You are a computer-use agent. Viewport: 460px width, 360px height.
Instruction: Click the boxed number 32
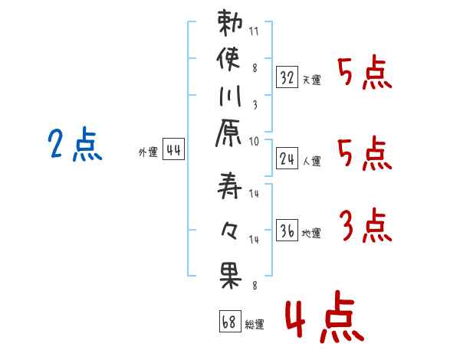(x=287, y=77)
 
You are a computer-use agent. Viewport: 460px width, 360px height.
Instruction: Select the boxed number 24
(x=287, y=159)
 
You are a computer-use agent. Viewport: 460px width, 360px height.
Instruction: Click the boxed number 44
(x=173, y=151)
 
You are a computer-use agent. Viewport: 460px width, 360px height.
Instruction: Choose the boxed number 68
(x=228, y=322)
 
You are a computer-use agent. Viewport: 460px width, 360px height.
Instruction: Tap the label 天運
(x=312, y=80)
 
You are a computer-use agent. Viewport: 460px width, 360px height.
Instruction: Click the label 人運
(x=312, y=161)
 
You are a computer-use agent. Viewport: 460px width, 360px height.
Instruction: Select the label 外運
(x=147, y=152)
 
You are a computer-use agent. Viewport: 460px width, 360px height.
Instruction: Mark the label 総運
(x=255, y=324)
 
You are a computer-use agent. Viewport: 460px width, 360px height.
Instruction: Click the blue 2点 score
(x=74, y=145)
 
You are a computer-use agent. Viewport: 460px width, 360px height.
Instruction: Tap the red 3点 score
(x=365, y=227)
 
